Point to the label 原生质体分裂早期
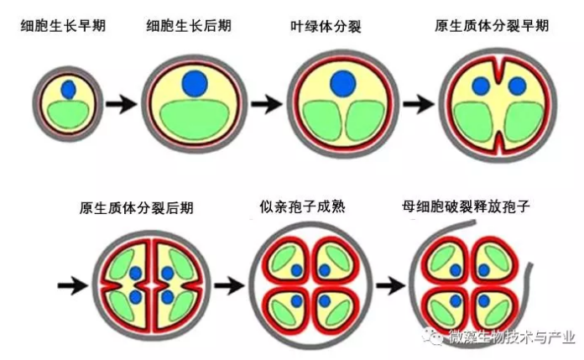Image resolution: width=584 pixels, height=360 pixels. (x=492, y=26)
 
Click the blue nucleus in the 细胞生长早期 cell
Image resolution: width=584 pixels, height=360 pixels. (x=68, y=87)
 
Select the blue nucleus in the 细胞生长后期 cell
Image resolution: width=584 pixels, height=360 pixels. (x=195, y=82)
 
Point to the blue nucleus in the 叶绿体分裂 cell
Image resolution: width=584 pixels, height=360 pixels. (x=342, y=83)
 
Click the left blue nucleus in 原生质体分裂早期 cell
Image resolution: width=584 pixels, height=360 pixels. (x=482, y=86)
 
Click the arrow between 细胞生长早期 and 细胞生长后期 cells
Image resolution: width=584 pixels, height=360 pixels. (x=122, y=104)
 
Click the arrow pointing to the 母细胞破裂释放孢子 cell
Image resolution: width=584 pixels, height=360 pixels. (x=392, y=284)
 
